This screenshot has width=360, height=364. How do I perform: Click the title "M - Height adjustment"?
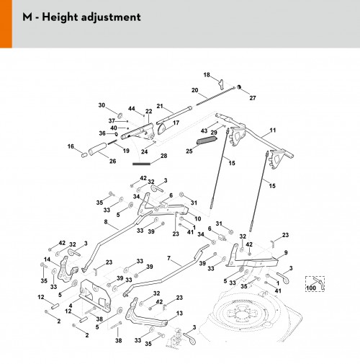tap(81, 17)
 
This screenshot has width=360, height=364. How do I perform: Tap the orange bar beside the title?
tap(6, 24)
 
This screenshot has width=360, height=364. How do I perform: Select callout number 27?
tap(253, 98)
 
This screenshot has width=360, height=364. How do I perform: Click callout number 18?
tap(207, 75)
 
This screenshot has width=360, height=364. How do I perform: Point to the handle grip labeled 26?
tap(97, 148)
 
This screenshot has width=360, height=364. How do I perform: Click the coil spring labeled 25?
tap(207, 141)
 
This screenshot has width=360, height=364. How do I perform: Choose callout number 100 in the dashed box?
tap(311, 288)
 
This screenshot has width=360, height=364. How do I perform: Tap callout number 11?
tap(273, 130)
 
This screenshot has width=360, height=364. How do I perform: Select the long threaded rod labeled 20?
tap(215, 96)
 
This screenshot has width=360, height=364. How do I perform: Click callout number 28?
tap(164, 156)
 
